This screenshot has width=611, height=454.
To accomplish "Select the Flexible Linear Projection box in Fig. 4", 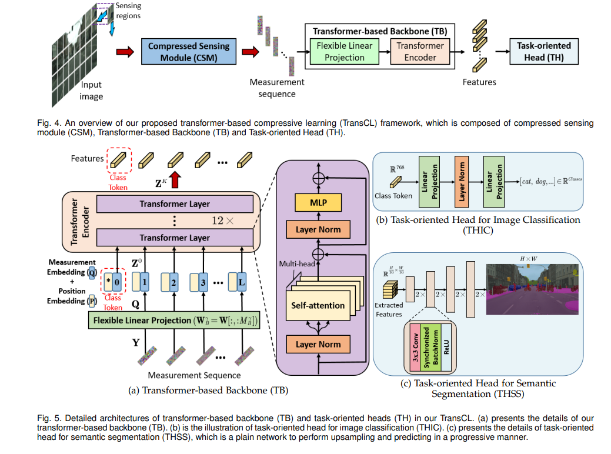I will click(x=345, y=51).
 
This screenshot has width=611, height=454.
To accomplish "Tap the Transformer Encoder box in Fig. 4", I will click(x=420, y=51).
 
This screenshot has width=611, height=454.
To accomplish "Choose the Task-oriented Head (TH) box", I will click(x=543, y=51).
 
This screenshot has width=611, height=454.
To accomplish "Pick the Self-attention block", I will click(x=318, y=306).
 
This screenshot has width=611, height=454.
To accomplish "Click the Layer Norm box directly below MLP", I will click(x=318, y=229).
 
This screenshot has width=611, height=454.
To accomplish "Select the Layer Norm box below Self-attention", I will click(x=318, y=344).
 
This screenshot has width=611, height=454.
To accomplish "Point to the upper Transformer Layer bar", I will click(x=175, y=204).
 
